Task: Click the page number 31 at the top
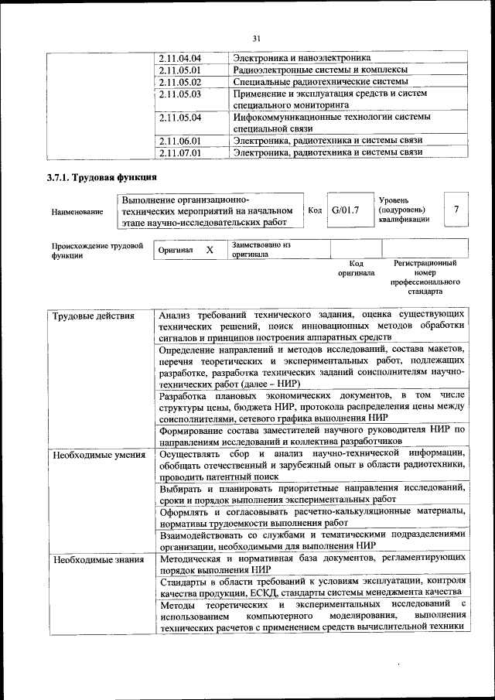point(256,39)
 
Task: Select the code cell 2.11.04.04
point(179,59)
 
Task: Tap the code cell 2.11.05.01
point(179,70)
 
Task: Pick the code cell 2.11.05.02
point(179,82)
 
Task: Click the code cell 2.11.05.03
point(179,94)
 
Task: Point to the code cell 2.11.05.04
point(179,118)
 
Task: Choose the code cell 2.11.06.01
point(179,141)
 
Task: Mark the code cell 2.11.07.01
point(179,152)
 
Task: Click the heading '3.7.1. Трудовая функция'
point(97,179)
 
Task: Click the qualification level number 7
point(457,210)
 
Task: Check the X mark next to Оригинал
point(209,251)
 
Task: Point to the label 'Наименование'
point(77,211)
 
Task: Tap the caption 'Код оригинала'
point(356,268)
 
